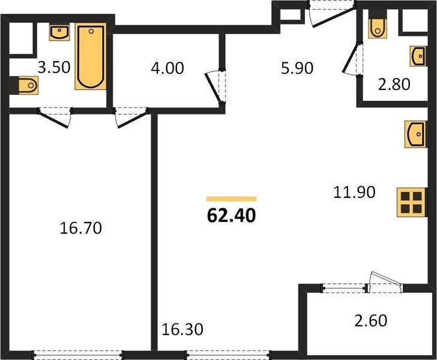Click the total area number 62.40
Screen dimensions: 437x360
tap(231, 215)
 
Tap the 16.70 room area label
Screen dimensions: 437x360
tap(81, 228)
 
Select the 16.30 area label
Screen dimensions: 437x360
tap(182, 329)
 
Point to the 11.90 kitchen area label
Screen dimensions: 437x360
tap(354, 192)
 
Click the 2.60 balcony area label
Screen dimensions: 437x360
tap(371, 320)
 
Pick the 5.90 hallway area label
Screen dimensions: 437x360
tap(297, 68)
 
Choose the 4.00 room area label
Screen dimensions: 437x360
tap(167, 68)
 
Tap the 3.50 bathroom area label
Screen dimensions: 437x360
tap(54, 67)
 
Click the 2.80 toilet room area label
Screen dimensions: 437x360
tap(394, 85)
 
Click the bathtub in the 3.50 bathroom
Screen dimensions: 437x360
tap(91, 56)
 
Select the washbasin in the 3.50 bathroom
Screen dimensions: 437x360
tap(59, 33)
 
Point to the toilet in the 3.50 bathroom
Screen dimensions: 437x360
tap(25, 85)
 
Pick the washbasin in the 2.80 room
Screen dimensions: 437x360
tap(418, 56)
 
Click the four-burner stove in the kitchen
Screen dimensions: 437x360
tap(412, 202)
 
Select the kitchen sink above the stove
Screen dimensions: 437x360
tap(415, 134)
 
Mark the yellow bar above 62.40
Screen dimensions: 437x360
tap(232, 199)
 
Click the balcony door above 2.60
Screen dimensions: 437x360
tap(385, 282)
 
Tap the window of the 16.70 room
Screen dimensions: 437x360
tap(78, 355)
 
